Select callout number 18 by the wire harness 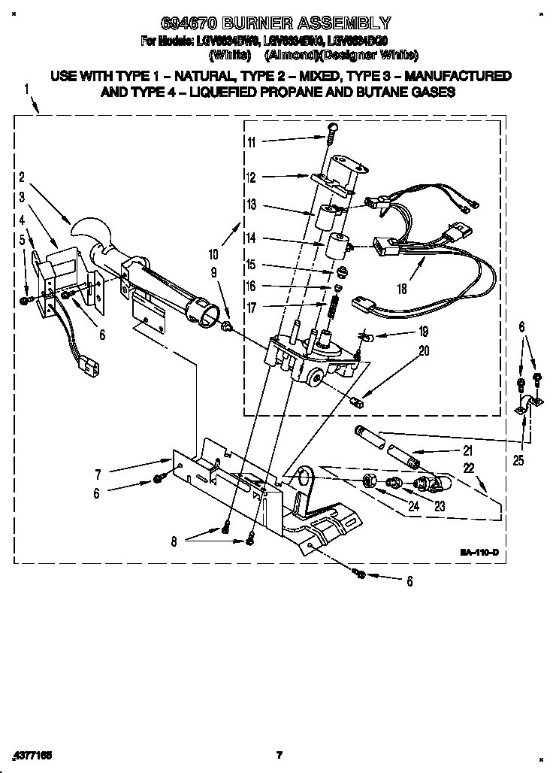tap(402, 287)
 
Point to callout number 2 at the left tap(23, 178)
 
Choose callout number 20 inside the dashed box tap(425, 350)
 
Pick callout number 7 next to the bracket tap(98, 474)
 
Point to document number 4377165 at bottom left tap(30, 754)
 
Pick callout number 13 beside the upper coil tap(251, 205)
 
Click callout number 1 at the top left tap(26, 89)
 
